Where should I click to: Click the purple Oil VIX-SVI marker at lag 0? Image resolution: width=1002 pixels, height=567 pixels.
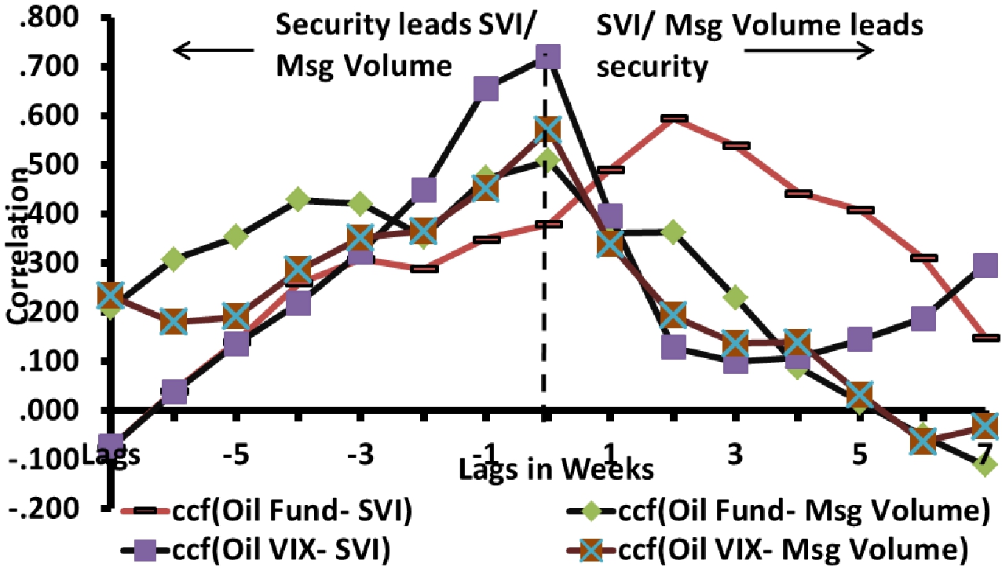pyautogui.click(x=547, y=57)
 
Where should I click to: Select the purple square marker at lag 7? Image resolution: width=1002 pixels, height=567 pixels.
pyautogui.click(x=985, y=265)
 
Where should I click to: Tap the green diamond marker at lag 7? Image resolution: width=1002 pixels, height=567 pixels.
pyautogui.click(x=986, y=464)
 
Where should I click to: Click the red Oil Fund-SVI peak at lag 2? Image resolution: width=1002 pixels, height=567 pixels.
pyautogui.click(x=673, y=119)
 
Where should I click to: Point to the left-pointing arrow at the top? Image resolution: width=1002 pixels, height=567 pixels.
pyautogui.click(x=214, y=52)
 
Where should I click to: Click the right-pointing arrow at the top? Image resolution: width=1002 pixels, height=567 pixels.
pyautogui.click(x=808, y=51)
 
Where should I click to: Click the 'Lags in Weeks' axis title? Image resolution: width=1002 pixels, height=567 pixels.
pyautogui.click(x=556, y=470)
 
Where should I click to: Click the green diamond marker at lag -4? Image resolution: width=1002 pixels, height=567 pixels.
pyautogui.click(x=298, y=199)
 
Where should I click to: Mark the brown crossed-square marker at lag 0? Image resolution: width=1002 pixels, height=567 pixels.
pyautogui.click(x=547, y=130)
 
